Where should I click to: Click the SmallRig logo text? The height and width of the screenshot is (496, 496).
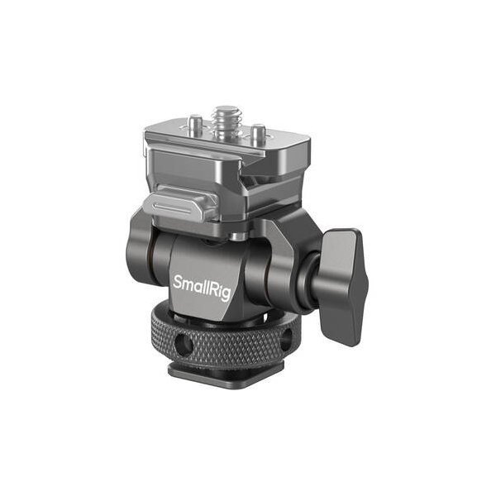(x=202, y=288)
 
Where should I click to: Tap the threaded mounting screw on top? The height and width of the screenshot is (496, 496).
(x=225, y=122)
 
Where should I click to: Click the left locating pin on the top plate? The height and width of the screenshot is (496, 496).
(x=195, y=122)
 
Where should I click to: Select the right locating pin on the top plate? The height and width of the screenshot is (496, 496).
(x=258, y=131)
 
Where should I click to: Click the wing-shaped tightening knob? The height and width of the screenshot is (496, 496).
(x=343, y=287)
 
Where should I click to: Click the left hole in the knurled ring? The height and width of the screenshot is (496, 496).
(x=183, y=344)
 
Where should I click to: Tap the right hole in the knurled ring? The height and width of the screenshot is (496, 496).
(x=287, y=339)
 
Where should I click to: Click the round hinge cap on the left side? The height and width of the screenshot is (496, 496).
(x=139, y=246)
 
